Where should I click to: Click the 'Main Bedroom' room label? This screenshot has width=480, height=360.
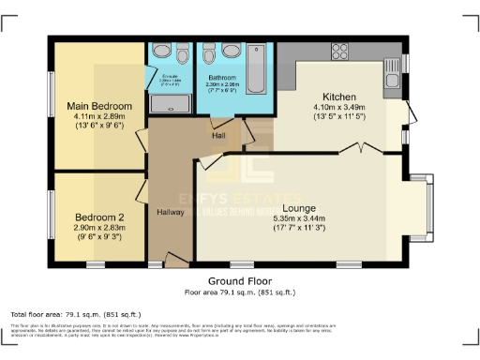[98, 107]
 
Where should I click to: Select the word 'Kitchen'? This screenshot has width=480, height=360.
[339, 97]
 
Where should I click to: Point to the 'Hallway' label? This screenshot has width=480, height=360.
[170, 211]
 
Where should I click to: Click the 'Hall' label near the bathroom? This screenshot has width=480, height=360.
[218, 136]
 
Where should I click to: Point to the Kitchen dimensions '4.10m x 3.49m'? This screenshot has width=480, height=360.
[339, 108]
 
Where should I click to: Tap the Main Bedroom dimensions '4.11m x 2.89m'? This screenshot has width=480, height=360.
[98, 117]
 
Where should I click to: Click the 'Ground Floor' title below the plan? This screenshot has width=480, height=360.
[240, 280]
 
